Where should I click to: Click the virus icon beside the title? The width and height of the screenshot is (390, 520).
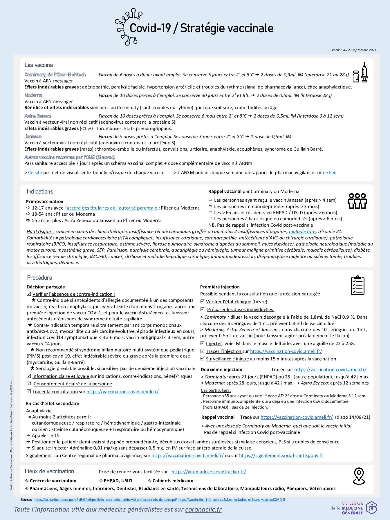click(x=127, y=27)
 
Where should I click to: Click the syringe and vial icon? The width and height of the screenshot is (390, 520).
click(x=360, y=73)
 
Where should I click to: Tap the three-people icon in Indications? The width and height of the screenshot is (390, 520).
click(x=357, y=201)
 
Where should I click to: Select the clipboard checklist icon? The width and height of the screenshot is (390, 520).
click(x=358, y=286)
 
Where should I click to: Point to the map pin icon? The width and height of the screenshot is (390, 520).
click(x=359, y=476)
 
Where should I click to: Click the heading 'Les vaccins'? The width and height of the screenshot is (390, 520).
click(x=39, y=65)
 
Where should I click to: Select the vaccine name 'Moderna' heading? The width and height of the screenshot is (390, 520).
click(x=33, y=95)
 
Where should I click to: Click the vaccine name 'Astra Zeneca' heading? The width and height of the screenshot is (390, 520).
click(x=38, y=116)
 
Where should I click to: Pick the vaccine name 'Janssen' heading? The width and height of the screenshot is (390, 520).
click(x=33, y=136)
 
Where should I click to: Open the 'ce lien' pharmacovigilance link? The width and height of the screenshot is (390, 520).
click(x=330, y=173)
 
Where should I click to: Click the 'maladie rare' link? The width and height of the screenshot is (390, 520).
click(x=302, y=232)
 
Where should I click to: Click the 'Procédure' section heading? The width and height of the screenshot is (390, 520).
click(x=39, y=278)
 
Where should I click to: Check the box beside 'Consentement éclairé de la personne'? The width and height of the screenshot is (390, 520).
click(x=29, y=384)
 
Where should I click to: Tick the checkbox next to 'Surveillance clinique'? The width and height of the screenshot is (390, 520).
click(x=203, y=359)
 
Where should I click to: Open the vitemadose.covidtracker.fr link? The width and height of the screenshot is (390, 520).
click(x=209, y=472)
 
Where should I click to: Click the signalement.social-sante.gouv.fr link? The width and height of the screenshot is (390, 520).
click(x=281, y=456)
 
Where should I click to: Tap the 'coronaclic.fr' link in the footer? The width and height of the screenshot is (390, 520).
click(x=203, y=509)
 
